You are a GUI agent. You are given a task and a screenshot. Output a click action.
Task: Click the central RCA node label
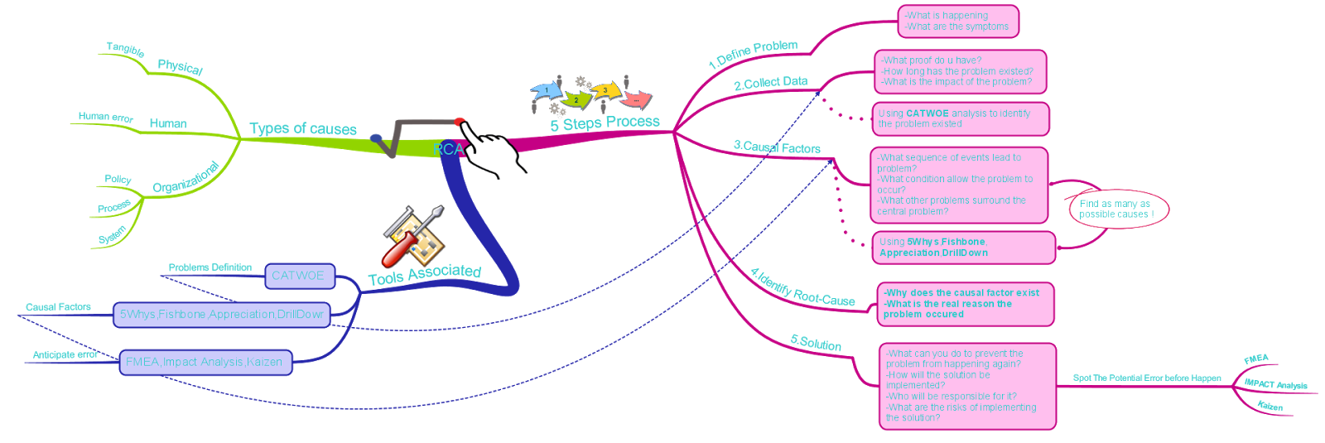448,150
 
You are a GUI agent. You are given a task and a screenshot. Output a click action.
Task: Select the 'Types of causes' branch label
302,128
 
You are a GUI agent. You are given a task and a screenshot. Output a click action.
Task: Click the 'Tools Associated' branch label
424,274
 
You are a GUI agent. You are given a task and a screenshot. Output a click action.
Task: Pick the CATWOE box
299,276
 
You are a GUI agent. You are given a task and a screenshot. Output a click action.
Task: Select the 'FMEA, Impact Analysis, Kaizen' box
205,363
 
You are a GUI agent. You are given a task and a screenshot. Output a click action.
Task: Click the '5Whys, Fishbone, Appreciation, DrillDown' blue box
221,315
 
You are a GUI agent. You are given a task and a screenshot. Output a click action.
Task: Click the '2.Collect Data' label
770,83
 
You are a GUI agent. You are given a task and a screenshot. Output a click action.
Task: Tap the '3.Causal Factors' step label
777,147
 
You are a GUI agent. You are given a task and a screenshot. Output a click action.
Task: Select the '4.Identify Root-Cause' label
802,287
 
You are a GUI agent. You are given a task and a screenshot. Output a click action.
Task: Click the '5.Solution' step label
816,343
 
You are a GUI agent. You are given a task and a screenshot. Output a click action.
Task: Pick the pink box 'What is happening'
957,22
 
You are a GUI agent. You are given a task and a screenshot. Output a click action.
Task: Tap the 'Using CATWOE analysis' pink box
960,118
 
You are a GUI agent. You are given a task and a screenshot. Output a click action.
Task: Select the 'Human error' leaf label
105,117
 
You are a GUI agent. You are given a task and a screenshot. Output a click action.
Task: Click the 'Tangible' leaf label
125,49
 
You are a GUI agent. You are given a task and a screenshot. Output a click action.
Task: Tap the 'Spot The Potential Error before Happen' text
1147,378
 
